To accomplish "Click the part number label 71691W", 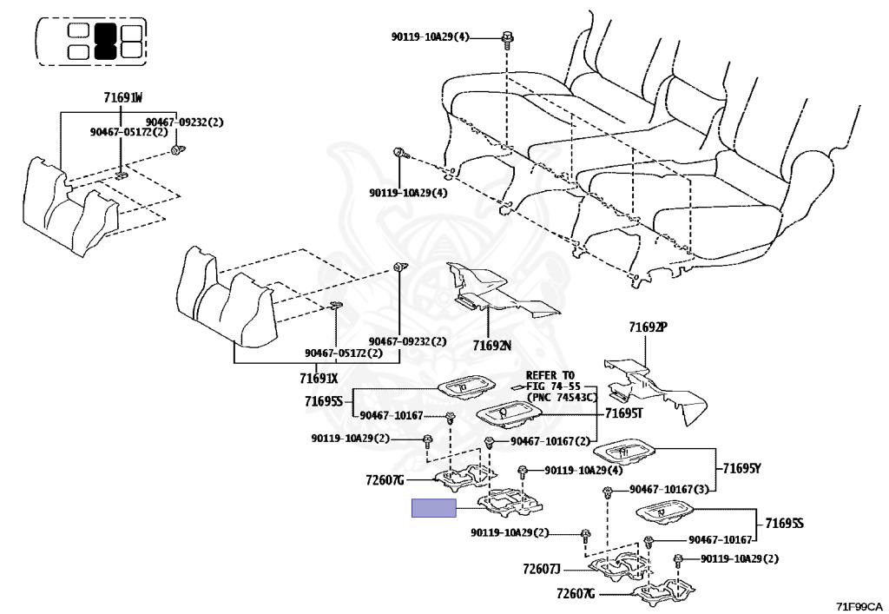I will [x=118, y=98].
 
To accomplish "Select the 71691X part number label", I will [x=319, y=378].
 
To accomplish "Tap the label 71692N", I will [x=492, y=345].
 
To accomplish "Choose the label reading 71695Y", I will [x=741, y=469].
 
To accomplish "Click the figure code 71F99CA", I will [x=859, y=605].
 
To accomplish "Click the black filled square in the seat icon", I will [x=105, y=40].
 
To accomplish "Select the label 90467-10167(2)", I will [x=550, y=441].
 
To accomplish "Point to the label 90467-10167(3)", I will [x=670, y=489].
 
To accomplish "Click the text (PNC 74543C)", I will [x=562, y=397].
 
